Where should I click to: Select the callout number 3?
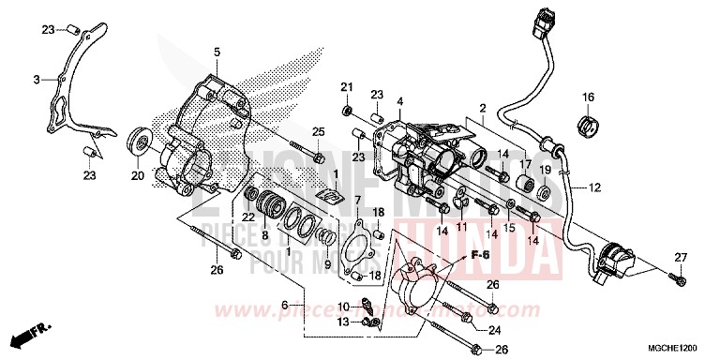36,80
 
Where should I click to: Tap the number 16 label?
589,97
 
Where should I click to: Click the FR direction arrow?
28,333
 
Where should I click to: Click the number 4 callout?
399,101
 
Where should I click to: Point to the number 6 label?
284,305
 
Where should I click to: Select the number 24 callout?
495,328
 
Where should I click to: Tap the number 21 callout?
346,87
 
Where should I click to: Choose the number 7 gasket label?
357,200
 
